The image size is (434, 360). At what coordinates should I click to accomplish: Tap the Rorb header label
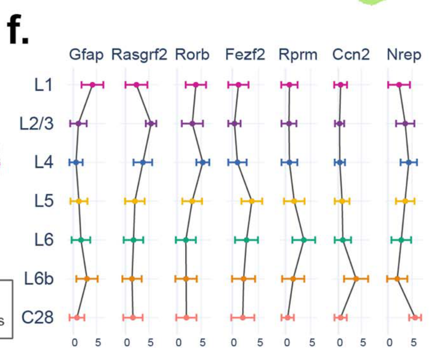(192, 55)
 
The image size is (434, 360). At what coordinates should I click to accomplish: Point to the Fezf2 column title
(245, 55)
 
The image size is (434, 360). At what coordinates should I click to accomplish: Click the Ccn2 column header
(351, 55)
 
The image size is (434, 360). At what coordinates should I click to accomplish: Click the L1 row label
(44, 85)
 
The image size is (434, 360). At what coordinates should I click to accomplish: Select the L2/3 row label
(37, 124)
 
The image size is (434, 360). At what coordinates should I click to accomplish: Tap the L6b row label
(39, 278)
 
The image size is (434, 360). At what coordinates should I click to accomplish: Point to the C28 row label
(37, 317)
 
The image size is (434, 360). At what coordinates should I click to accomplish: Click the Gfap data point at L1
(93, 85)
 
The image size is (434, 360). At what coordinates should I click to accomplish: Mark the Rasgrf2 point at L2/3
(151, 124)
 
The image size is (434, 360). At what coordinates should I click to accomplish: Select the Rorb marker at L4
(203, 163)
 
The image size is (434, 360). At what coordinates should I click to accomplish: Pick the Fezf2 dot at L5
(252, 201)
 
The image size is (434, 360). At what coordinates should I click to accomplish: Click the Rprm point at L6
(304, 240)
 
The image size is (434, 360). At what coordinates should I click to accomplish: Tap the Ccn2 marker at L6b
(356, 279)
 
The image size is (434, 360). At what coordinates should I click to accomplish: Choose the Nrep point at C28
(415, 317)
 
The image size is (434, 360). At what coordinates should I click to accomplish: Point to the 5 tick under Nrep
(413, 343)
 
